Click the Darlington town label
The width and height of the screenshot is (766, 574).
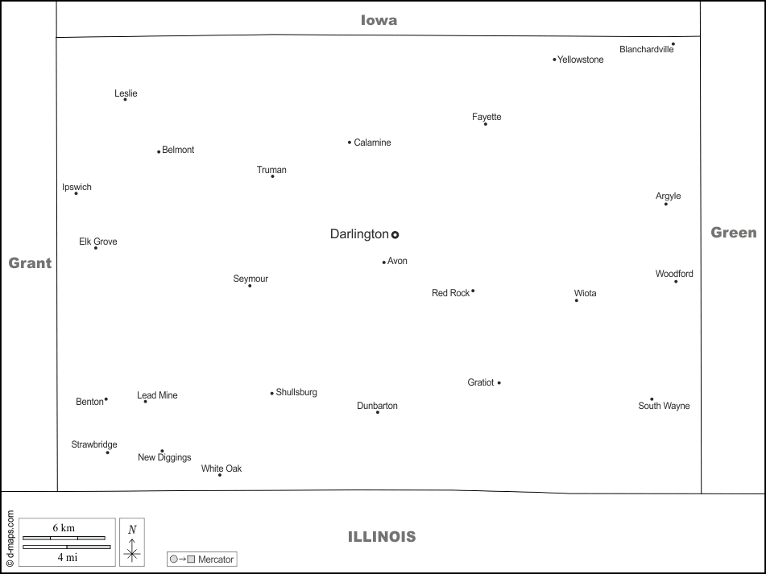pos(359,234)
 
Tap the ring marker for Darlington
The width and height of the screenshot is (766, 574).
pos(395,235)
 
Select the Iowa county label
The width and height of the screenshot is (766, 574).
pos(379,20)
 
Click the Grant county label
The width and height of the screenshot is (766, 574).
pos(30,262)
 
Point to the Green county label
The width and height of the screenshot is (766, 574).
pos(733,233)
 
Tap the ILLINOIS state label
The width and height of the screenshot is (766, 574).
pos(382,536)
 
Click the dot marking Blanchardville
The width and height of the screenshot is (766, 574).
pos(673,44)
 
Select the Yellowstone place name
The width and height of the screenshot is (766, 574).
pos(581,60)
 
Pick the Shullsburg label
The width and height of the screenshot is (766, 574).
pos(296,393)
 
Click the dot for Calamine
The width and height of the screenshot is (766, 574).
pos(350,142)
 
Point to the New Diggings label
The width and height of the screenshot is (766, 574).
pos(164,457)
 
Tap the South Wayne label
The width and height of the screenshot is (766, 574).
pos(664,406)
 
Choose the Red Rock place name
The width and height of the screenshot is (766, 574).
pos(450,293)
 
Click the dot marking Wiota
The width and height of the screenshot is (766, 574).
pos(577,300)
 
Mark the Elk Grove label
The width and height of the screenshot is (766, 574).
pos(97,242)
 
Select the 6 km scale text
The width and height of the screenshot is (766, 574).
pos(63,527)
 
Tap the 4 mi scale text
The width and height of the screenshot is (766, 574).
pos(66,556)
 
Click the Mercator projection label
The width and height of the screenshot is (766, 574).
pos(215,559)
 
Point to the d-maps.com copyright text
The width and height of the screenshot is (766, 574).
pos(10,540)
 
